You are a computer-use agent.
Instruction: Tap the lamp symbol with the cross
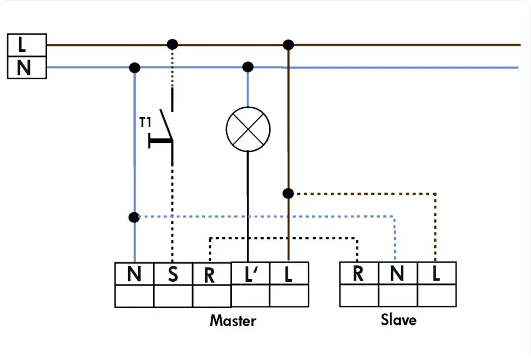248,129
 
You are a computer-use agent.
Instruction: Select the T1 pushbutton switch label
145,123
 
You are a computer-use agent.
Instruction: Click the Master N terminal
134,274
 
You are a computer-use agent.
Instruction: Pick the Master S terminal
173,274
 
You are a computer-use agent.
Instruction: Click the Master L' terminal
250,274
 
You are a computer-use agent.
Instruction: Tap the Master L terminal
288,274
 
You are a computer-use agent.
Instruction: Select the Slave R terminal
359,273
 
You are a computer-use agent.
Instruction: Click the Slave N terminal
397,273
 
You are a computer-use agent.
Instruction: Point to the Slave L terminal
436,273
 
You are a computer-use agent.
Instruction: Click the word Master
233,321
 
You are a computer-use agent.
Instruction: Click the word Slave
398,320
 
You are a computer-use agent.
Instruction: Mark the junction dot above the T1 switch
172,44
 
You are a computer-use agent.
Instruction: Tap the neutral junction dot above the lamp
248,67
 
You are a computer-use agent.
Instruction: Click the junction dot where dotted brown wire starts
288,193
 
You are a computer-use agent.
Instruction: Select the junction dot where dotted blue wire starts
134,217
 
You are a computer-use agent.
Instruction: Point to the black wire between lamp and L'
248,208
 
